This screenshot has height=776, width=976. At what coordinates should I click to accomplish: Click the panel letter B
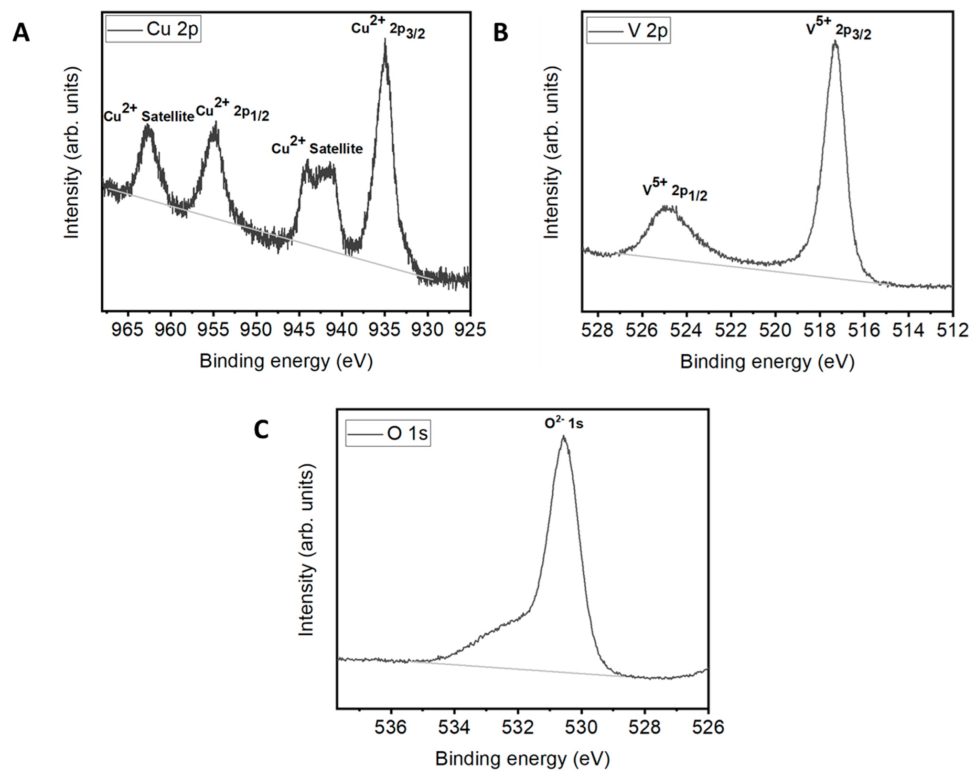click(x=500, y=33)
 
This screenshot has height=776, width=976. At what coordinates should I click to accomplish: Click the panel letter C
click(x=261, y=430)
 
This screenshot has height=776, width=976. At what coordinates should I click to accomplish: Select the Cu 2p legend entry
click(x=154, y=30)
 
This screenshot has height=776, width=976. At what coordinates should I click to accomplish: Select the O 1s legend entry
click(x=388, y=434)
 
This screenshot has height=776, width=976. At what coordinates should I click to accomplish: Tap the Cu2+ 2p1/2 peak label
click(x=233, y=113)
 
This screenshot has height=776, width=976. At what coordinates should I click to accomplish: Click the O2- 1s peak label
click(x=564, y=423)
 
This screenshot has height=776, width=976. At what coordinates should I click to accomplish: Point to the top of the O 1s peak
click(x=564, y=437)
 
